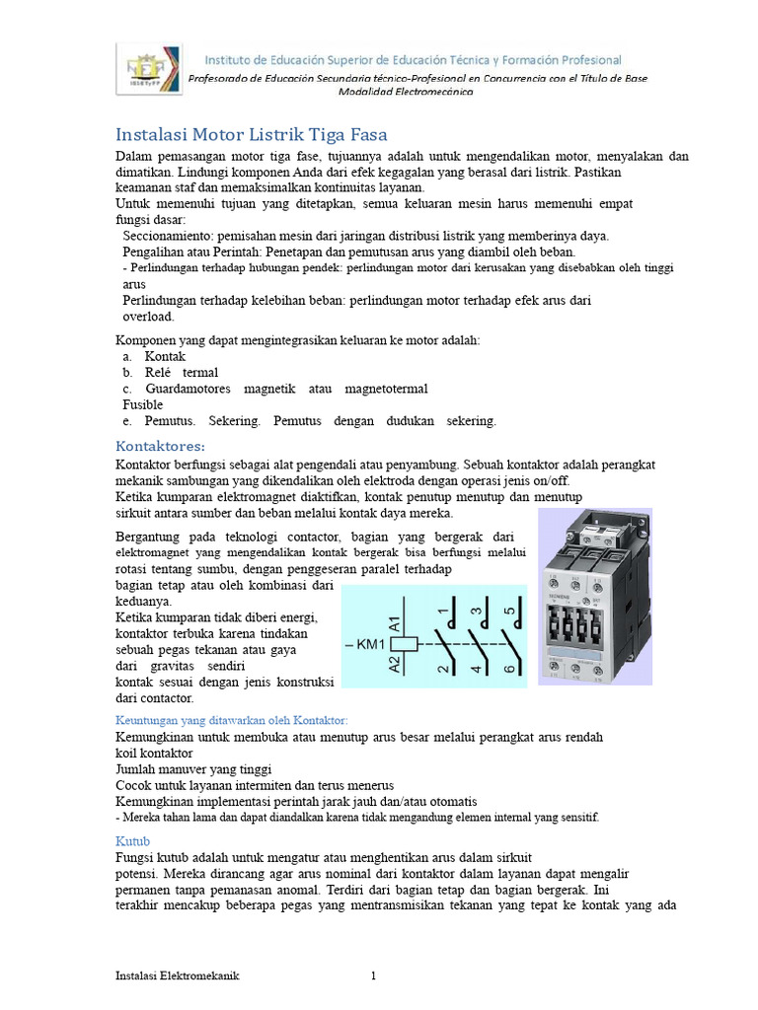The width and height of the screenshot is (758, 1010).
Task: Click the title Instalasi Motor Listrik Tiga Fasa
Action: pos(252,134)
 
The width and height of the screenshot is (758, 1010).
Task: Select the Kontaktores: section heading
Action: pos(160,445)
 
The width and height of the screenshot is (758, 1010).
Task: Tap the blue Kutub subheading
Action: pos(131,841)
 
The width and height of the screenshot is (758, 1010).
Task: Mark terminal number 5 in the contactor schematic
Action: pos(509,612)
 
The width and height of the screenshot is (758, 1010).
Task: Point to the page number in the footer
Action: pos(374,976)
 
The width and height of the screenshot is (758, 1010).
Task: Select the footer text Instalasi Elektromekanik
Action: pos(178,976)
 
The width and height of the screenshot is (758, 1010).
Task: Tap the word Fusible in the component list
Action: pos(143,404)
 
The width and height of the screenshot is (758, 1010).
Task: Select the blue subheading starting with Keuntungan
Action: pos(232,720)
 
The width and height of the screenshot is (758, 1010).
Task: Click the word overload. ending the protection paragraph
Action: pos(148,317)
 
